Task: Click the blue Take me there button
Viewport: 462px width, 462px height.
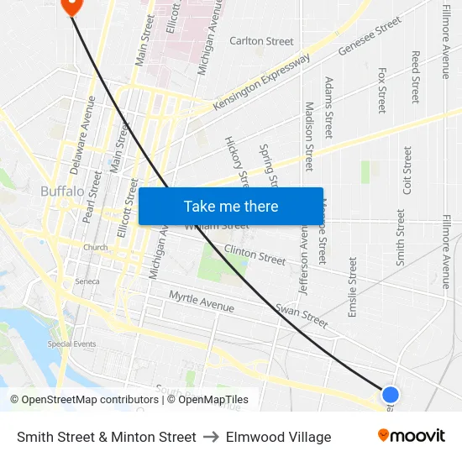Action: tap(230, 206)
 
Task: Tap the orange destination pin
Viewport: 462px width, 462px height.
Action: tap(71, 4)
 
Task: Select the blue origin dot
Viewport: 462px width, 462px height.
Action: tap(390, 394)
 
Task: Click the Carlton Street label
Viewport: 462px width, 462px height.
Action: tap(261, 41)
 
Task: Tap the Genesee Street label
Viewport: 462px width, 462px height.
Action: tap(370, 38)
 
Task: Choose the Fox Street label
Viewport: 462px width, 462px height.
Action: tap(382, 90)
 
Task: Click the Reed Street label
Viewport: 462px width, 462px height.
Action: tap(415, 77)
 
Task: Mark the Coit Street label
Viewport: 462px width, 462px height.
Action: tap(407, 171)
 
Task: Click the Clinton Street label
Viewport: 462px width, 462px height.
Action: tap(255, 254)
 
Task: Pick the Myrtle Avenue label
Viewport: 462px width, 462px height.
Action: tap(202, 302)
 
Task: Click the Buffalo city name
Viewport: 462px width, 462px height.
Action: tap(62, 192)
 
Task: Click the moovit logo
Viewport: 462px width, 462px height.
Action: tap(412, 436)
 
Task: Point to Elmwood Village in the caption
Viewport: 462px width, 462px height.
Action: tap(278, 437)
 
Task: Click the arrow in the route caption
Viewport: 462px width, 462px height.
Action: tap(211, 437)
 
